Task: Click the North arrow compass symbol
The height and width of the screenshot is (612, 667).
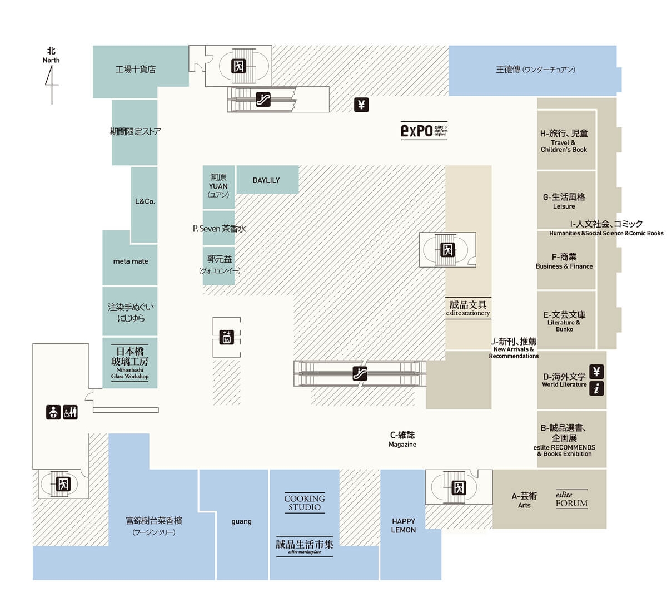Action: click(52, 83)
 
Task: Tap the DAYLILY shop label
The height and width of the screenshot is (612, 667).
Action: click(266, 180)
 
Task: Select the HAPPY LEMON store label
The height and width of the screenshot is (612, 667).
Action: click(404, 525)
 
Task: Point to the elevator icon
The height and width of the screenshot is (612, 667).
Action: click(226, 337)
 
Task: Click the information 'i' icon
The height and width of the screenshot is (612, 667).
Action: click(596, 388)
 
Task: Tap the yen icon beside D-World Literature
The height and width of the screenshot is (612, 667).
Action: click(596, 372)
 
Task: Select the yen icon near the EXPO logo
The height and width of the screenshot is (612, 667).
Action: click(361, 105)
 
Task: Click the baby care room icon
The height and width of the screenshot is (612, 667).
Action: click(53, 412)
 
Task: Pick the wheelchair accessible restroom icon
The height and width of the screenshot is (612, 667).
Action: click(71, 412)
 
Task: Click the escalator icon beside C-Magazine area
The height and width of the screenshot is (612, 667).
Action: click(360, 373)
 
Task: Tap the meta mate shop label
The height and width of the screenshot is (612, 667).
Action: click(131, 261)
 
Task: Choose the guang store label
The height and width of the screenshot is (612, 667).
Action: click(241, 521)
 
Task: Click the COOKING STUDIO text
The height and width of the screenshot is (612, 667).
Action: click(304, 502)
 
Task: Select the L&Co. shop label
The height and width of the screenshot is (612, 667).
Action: click(145, 201)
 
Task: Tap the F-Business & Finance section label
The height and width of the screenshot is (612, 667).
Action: click(564, 261)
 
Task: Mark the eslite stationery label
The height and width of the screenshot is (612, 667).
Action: click(468, 308)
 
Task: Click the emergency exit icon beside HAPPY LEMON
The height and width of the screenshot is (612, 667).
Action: click(459, 487)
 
